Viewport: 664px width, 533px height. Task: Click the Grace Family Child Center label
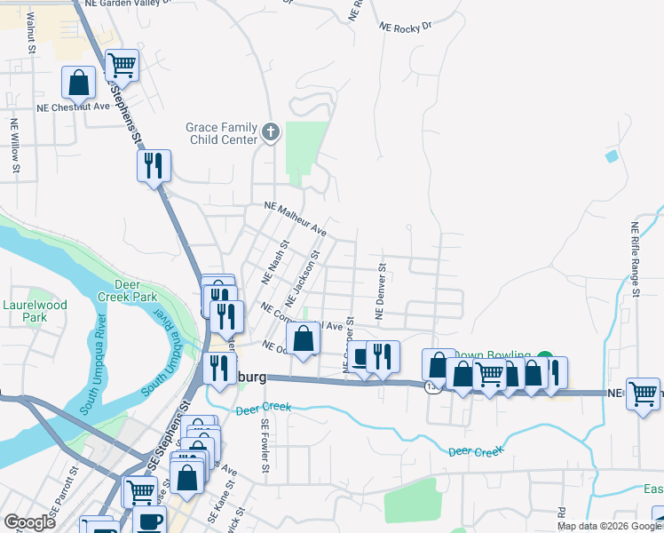coord(222,133)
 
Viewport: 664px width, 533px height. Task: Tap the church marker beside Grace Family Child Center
coord(272,133)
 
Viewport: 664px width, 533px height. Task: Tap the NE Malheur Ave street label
coord(296,219)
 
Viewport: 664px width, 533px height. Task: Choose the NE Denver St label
coord(379,290)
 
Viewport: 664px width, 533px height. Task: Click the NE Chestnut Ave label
coord(73,107)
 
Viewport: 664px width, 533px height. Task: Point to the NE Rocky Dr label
coord(404,28)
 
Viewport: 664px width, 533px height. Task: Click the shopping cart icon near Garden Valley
coord(121,64)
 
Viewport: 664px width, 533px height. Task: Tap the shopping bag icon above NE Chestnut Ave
coord(78,82)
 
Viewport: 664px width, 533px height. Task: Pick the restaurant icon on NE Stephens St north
coord(154,164)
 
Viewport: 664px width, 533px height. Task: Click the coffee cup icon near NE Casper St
coord(360,357)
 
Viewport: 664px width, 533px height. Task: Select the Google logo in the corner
coord(29,522)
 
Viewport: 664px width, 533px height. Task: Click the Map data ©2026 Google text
coord(609,526)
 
